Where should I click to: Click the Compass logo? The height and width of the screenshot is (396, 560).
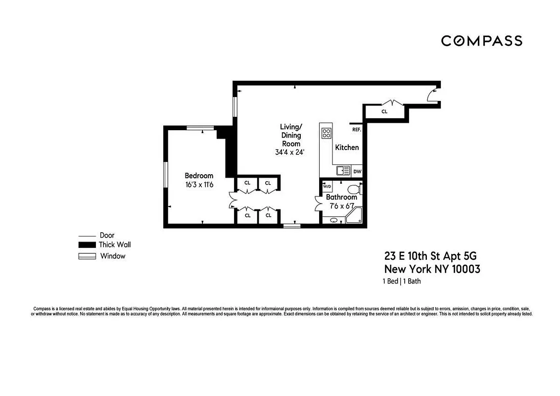point(481,41)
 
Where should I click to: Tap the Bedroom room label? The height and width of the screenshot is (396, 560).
point(199,176)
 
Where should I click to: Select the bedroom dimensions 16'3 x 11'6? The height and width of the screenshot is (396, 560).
point(199,185)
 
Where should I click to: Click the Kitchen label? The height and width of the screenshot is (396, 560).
point(347,147)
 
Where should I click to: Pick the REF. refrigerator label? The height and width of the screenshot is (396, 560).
point(356,130)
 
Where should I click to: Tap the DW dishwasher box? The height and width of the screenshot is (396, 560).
point(357,171)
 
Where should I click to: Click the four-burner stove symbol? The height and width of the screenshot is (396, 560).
point(327,133)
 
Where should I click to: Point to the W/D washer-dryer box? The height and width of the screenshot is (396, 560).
point(327,187)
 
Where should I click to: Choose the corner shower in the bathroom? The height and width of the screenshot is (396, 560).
point(355,217)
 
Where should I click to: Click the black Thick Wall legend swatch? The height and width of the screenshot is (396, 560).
point(87,245)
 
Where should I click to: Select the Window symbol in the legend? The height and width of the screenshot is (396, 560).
point(87,256)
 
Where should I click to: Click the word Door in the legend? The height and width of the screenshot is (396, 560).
point(107,236)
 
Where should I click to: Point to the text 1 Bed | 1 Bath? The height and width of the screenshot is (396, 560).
point(401,282)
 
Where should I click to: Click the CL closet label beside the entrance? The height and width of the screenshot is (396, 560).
point(384,112)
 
